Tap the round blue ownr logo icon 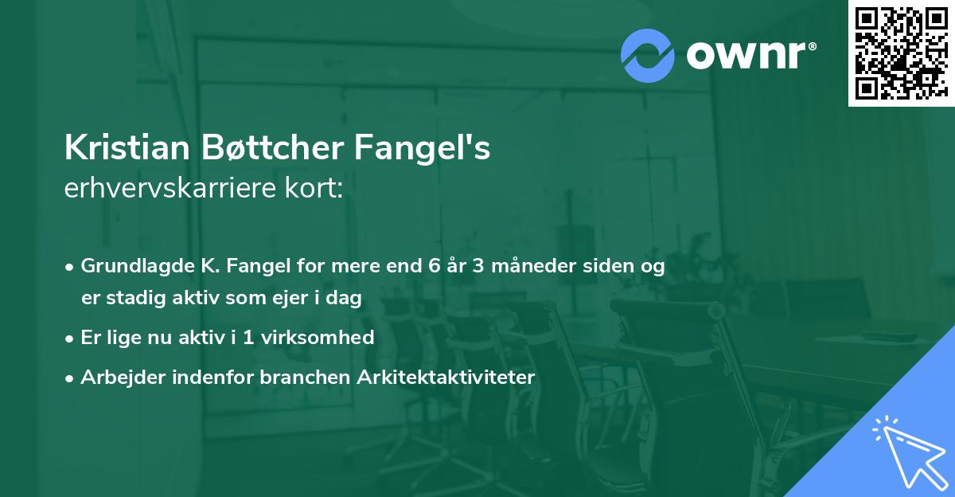648,56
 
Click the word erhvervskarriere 171,189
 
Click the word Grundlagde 132,265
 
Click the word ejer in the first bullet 291,298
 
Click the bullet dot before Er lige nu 70,338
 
